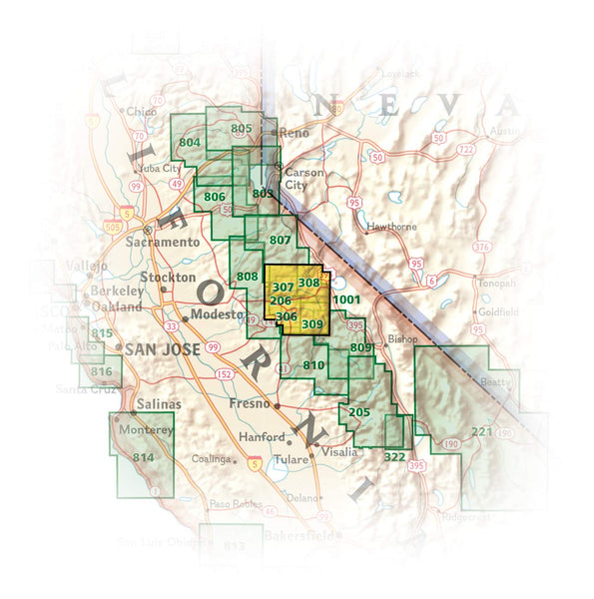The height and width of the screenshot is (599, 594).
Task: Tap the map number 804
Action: click(191, 143)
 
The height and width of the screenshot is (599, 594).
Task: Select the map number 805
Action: click(242, 129)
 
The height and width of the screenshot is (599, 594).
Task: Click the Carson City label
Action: click(304, 179)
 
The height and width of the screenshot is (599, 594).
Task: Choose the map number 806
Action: click(214, 198)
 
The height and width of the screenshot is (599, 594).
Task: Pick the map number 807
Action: click(281, 241)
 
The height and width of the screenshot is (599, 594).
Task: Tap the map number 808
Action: click(247, 277)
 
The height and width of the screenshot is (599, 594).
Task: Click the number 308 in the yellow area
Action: click(308, 284)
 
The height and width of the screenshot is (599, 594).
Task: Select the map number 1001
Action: click(346, 299)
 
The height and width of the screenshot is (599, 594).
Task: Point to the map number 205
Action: click(360, 412)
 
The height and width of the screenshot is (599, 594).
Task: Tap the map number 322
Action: click(393, 456)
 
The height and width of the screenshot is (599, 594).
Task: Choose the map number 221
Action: click(483, 431)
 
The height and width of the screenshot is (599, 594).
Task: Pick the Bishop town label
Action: click(403, 339)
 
